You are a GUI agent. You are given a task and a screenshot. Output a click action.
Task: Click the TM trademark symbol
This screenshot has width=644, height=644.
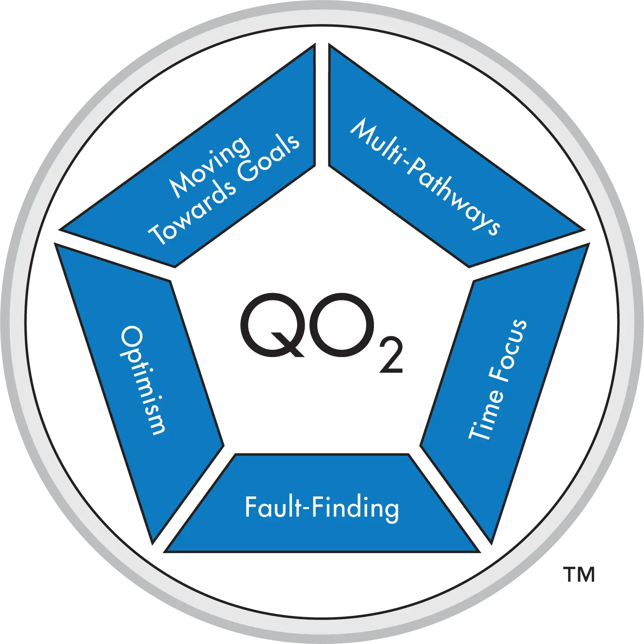(578, 574)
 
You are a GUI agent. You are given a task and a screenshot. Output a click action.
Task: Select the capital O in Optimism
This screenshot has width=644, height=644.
(132, 337)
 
